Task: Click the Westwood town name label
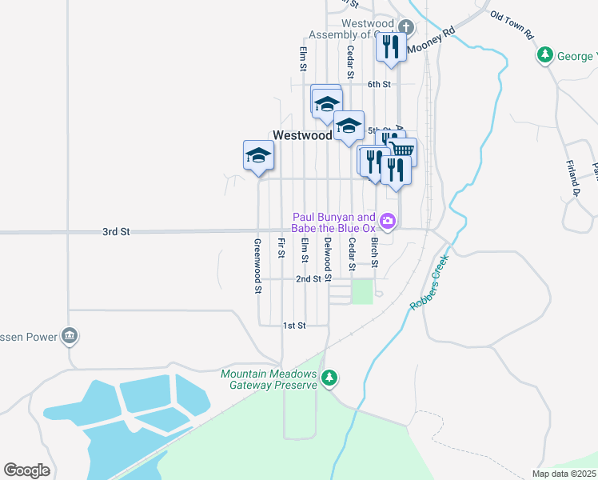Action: pos(302,135)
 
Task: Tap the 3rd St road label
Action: pos(116,232)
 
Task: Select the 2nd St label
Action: pos(308,279)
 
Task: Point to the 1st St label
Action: pos(294,326)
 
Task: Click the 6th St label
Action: pos(379,84)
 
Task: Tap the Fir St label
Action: pos(281,248)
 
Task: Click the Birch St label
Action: pos(374,252)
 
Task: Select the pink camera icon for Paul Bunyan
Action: pos(388,221)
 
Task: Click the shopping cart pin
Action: pos(402,150)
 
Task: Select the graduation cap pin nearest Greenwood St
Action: pos(258,155)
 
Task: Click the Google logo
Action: pos(26,470)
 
